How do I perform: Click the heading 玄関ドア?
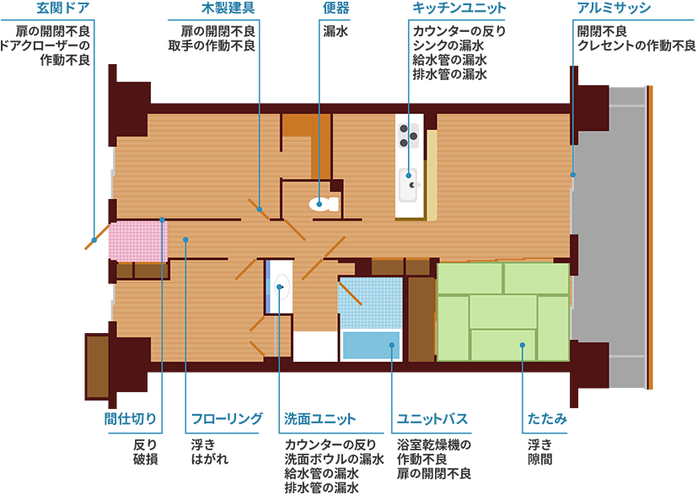tap(62, 8)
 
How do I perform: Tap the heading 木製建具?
tap(228, 8)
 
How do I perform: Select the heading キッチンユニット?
tap(459, 8)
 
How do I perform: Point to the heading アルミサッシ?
tap(614, 8)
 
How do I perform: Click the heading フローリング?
tap(227, 419)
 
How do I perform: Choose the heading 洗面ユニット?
tap(320, 419)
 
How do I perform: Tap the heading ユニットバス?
tap(432, 419)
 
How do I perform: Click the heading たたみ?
tap(547, 419)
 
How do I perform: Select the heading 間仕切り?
tap(131, 419)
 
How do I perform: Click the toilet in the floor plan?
tap(324, 204)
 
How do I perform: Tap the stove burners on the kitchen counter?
tap(408, 136)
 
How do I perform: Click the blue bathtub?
tap(371, 345)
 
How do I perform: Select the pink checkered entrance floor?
tap(138, 242)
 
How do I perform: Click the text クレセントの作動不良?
tap(636, 46)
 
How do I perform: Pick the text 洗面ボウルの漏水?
tap(334, 459)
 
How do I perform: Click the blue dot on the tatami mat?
tap(522, 345)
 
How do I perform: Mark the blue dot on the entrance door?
tap(94, 240)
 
